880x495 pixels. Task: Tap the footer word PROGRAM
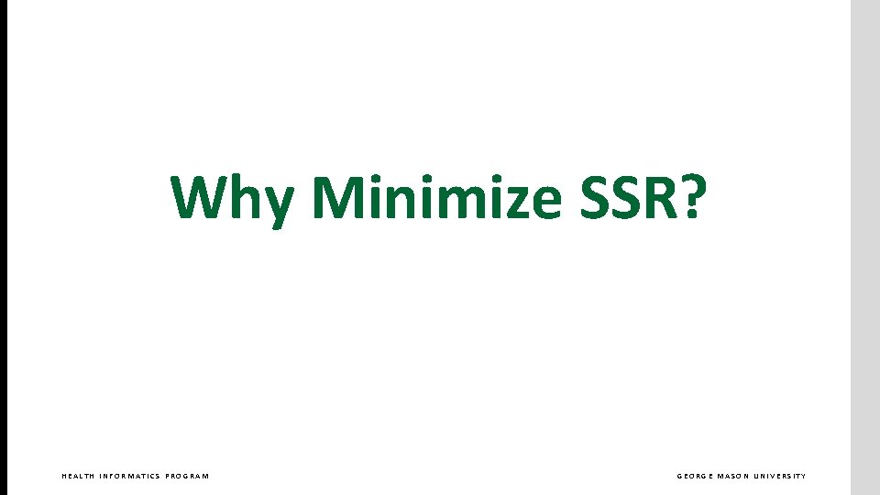coord(187,476)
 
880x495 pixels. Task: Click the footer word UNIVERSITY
coord(781,476)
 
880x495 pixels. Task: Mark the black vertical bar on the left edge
coord(4,247)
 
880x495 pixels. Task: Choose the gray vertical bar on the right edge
coord(865,247)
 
